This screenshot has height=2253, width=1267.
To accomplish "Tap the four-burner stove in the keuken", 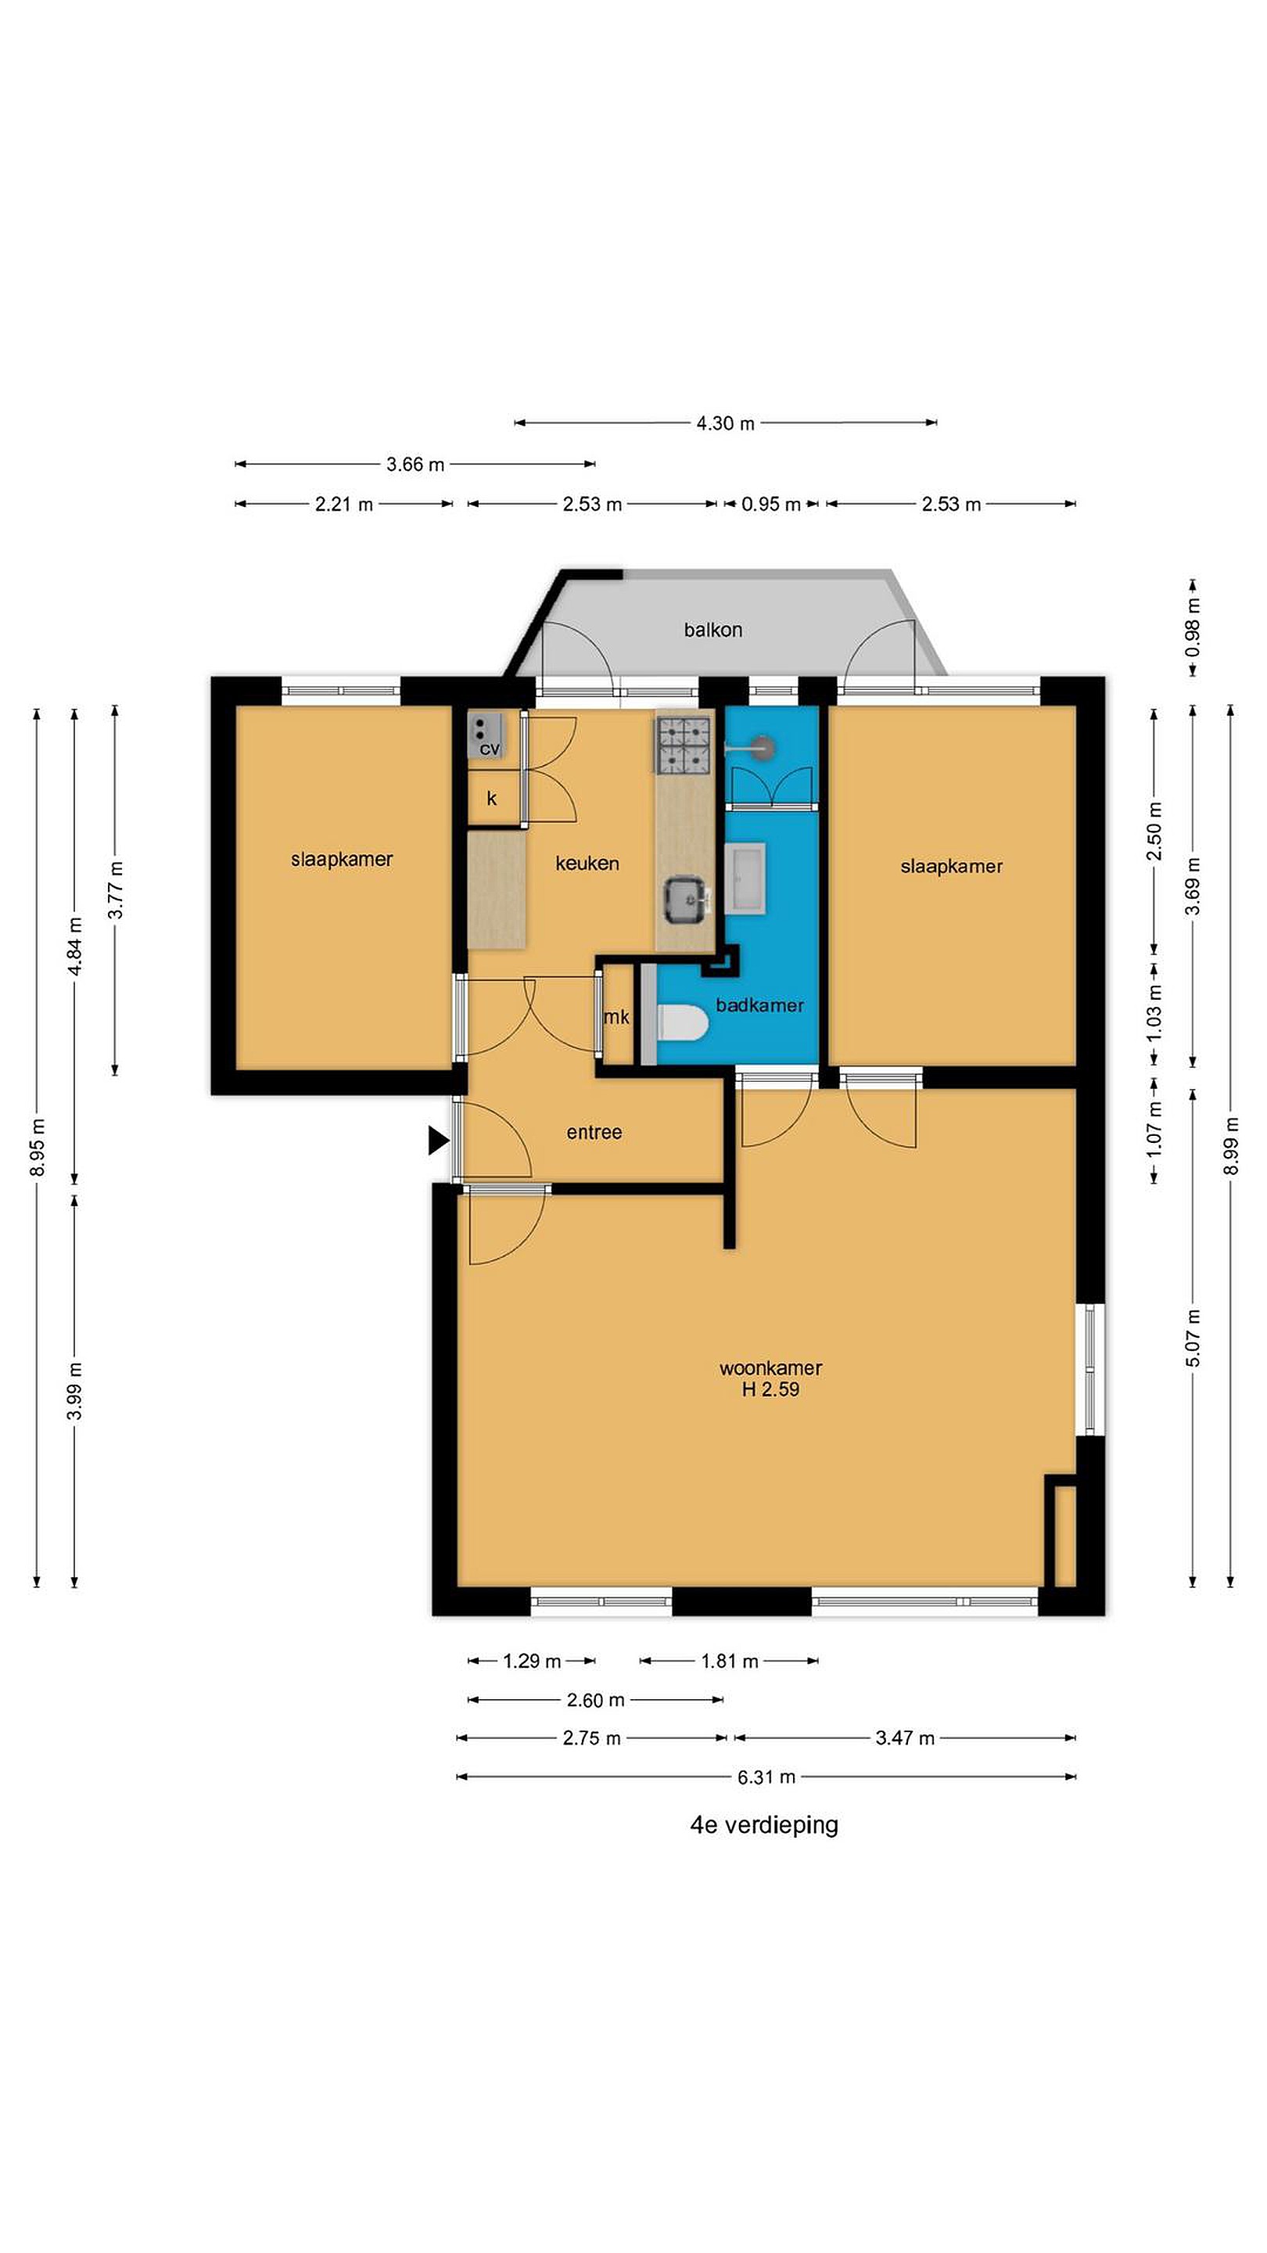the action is coord(683,746).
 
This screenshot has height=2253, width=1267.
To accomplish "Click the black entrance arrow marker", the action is coord(438,1141).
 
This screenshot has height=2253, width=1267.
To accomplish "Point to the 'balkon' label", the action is coord(712,630).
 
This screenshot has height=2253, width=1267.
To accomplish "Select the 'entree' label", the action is coord(594,1133).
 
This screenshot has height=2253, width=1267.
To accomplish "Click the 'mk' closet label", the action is coord(616,1016).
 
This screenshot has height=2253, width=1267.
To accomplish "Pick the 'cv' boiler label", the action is coord(490,749).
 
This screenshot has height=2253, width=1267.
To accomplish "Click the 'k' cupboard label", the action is coord(491,799).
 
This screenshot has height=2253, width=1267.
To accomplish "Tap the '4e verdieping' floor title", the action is coord(764,1825).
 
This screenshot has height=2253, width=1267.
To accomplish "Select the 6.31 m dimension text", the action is coord(766,1777).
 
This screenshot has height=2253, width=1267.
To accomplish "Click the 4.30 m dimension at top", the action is coord(725,423).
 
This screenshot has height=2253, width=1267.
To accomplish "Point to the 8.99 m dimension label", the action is coord(1231,1147).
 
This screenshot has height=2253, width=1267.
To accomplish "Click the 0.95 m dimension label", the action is coord(771,505).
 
